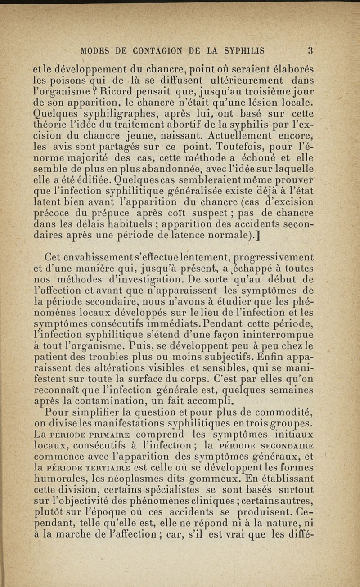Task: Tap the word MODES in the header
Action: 97,50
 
